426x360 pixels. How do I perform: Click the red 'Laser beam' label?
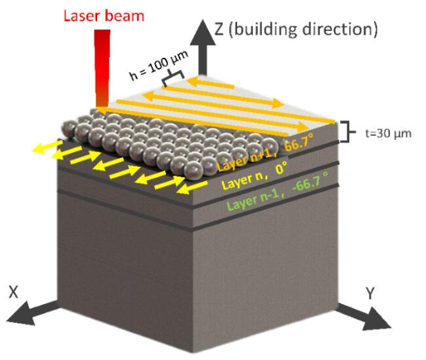pos(104,16)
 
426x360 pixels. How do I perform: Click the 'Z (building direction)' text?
pos(296,30)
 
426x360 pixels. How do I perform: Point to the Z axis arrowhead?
pos(203,32)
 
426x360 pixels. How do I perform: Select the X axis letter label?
pos(14,292)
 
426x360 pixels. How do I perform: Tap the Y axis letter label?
pos(370,293)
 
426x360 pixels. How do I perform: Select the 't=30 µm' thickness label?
pos(389,133)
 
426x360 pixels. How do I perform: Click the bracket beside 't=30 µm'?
pos(347,132)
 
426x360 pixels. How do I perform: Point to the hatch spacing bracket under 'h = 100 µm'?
pos(173,77)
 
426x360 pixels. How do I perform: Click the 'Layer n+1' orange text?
pos(247,160)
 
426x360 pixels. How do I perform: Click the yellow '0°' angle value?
pos(282,168)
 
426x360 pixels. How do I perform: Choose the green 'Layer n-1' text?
pos(253,199)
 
